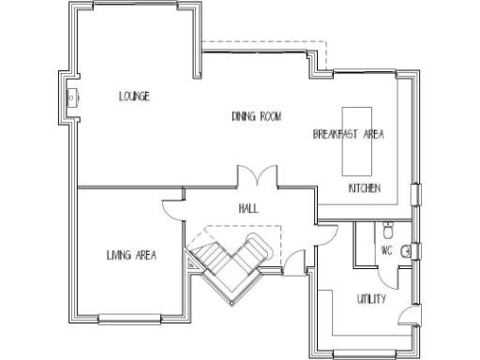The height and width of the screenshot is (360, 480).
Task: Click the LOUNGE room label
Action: tap(135, 96)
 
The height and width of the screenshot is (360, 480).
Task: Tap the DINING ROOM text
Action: tap(257, 116)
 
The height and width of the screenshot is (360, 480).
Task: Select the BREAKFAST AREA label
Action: tap(348, 134)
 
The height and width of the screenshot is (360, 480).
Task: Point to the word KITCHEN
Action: tap(364, 188)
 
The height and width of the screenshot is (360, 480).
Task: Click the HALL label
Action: tap(248, 208)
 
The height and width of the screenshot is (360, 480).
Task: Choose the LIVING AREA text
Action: tap(131, 255)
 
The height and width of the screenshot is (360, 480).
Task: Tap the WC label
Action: tap(386, 250)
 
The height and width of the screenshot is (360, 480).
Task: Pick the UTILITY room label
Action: tap(371, 299)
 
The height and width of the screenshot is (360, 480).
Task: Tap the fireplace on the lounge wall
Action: tap(70, 94)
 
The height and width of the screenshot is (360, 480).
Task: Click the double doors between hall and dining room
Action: tap(255, 177)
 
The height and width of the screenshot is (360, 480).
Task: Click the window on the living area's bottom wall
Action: tap(135, 320)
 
